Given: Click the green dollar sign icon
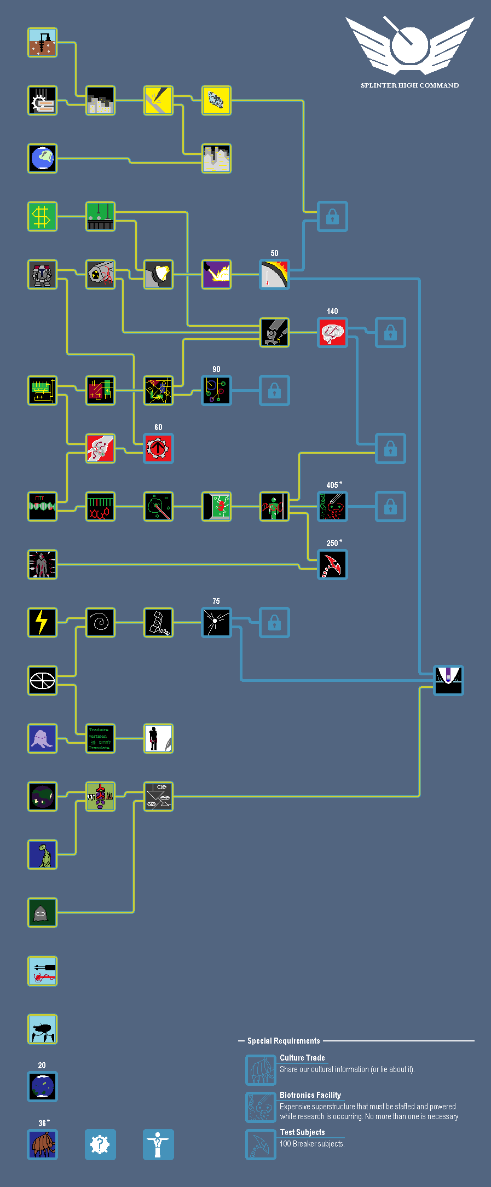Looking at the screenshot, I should pyautogui.click(x=43, y=217).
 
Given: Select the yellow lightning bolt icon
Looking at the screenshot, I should pyautogui.click(x=43, y=623).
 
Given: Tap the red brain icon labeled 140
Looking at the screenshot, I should pyautogui.click(x=332, y=333).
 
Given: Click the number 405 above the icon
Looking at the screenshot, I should pyautogui.click(x=332, y=485).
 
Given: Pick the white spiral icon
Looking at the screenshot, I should pyautogui.click(x=100, y=623).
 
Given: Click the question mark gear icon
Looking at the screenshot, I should pyautogui.click(x=100, y=1144).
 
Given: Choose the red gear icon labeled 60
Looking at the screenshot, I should pyautogui.click(x=158, y=449).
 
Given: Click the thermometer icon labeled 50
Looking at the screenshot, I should pyautogui.click(x=274, y=275).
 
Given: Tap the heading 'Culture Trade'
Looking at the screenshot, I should pyautogui.click(x=302, y=1058).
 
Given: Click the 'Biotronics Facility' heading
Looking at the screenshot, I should pyautogui.click(x=310, y=1095).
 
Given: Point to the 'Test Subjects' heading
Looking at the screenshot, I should pyautogui.click(x=302, y=1132).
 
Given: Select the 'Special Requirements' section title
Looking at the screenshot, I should pyautogui.click(x=284, y=1041).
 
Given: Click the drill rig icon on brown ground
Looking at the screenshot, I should pyautogui.click(x=43, y=43).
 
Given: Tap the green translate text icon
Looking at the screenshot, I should pyautogui.click(x=100, y=739).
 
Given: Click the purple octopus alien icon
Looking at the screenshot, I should pyautogui.click(x=43, y=739).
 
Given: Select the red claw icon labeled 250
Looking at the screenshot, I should pyautogui.click(x=332, y=565).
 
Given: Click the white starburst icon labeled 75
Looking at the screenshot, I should pyautogui.click(x=216, y=623).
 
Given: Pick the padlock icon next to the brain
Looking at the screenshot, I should pyautogui.click(x=390, y=333).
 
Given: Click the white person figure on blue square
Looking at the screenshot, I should pyautogui.click(x=158, y=1144).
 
